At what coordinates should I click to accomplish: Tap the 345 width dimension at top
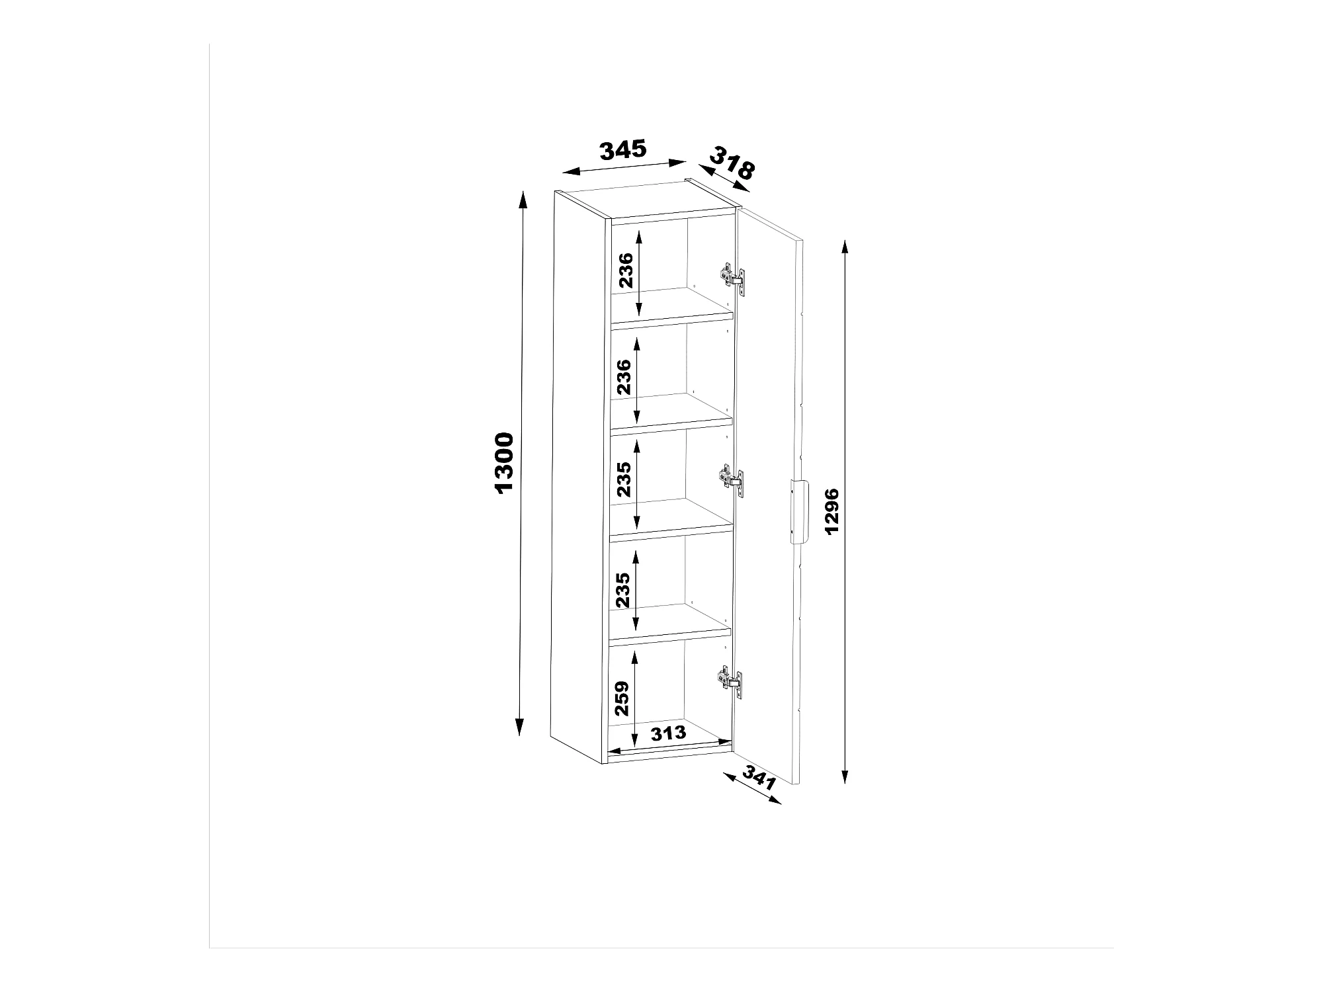[x=623, y=150]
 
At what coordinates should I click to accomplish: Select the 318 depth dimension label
[x=732, y=166]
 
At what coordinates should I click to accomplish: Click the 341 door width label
[x=759, y=778]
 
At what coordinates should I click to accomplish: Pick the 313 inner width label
[x=668, y=733]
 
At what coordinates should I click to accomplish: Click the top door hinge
[x=732, y=276]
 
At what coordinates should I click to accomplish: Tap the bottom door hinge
[x=732, y=680]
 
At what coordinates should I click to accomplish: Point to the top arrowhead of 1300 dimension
[x=523, y=199]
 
